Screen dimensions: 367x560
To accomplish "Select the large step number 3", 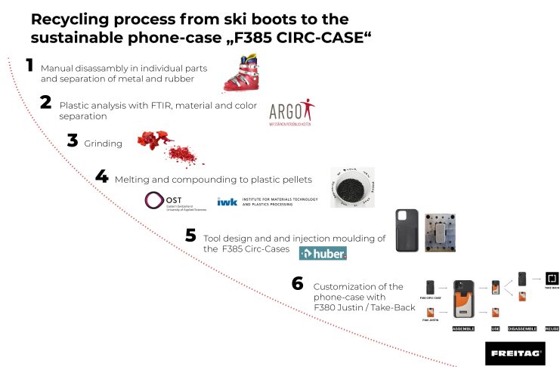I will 73,140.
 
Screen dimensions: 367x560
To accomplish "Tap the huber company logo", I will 323,254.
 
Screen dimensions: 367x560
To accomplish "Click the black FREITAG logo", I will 515,353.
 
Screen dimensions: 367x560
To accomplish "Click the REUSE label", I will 552,328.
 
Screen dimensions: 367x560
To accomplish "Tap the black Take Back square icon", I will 552,279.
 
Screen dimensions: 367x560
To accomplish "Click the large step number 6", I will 298,284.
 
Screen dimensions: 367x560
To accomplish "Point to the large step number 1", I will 29,66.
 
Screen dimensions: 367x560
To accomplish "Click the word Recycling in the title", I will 74,19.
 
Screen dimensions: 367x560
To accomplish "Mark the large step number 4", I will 102,177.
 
